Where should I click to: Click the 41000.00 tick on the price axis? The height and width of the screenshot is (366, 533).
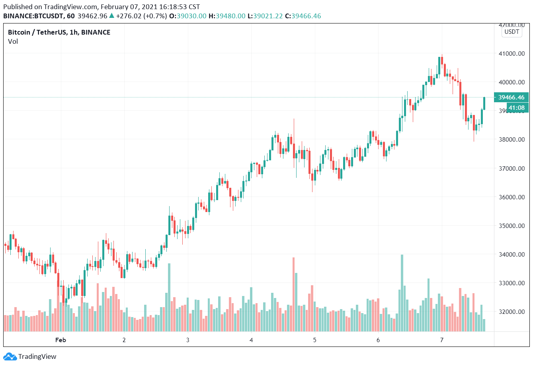click(511, 54)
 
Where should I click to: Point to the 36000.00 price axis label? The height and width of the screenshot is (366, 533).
click(511, 197)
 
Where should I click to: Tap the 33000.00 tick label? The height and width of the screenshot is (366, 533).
click(511, 283)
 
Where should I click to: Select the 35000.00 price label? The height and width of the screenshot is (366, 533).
click(511, 226)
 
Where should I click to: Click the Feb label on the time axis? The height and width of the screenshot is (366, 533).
click(61, 340)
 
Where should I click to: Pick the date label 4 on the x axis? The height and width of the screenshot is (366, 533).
click(251, 340)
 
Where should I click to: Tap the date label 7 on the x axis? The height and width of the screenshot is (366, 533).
click(441, 340)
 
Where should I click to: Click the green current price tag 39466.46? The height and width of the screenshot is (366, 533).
click(511, 97)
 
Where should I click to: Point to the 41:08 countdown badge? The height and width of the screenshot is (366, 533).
click(516, 108)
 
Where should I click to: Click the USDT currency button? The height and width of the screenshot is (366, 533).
click(512, 32)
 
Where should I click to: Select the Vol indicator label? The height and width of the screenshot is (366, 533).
click(13, 41)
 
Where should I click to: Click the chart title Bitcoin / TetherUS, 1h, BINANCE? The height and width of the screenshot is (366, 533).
click(59, 32)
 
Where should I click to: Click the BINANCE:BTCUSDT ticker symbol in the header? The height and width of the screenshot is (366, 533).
click(33, 16)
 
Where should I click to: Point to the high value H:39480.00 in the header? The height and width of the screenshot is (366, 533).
click(227, 16)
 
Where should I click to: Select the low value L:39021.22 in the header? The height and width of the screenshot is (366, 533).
click(265, 16)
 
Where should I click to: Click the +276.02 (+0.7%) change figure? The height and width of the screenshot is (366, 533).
click(141, 16)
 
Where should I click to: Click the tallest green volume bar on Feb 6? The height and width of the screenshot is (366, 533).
click(402, 293)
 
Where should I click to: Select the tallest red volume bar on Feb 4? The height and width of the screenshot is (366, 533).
click(294, 294)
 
